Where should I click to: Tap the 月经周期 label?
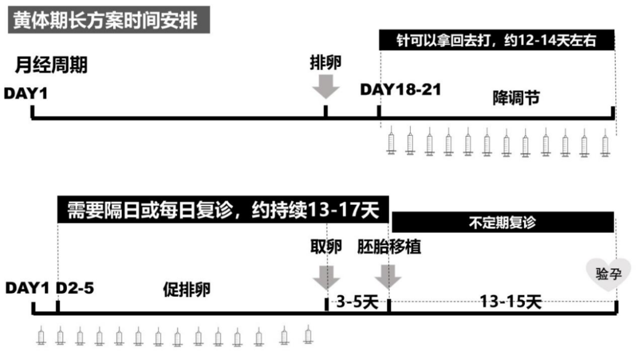[x=51, y=65]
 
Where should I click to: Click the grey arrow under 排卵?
[x=325, y=87]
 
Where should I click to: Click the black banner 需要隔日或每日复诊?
[x=223, y=209]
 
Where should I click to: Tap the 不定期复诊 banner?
[x=502, y=223]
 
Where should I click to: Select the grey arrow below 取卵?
[x=326, y=277]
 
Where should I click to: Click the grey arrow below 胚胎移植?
[x=388, y=277]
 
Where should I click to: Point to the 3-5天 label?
[x=357, y=302]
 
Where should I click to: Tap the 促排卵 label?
[x=187, y=290]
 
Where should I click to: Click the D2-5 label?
[x=75, y=288]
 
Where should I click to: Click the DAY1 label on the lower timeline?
[x=27, y=288]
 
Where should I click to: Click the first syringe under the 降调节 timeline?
[x=391, y=144]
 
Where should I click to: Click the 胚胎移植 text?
[x=389, y=247]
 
